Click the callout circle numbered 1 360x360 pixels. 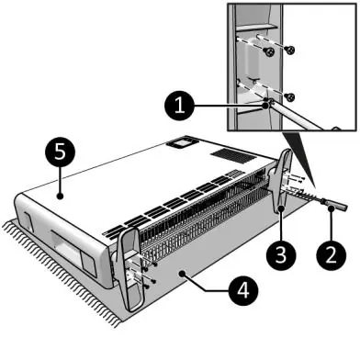pos(179,106)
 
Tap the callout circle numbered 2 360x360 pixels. pos(332,254)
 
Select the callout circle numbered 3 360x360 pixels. pos(281,254)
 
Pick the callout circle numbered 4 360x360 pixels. pos(243,290)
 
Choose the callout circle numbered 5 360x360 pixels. pos(61,152)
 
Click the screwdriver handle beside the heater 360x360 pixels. pos(334,205)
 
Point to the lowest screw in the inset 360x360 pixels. pos(289,97)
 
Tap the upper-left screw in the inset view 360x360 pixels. pos(270,52)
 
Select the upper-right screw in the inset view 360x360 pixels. pos(289,49)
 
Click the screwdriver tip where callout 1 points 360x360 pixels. pos(266,104)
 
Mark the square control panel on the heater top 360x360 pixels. pos(182,142)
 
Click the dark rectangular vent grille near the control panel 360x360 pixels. pos(233,155)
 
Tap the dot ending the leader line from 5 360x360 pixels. pos(61,196)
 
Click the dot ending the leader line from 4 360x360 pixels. pos(183,273)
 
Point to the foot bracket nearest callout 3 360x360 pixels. pos(282,181)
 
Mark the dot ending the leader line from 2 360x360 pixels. pos(331,208)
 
